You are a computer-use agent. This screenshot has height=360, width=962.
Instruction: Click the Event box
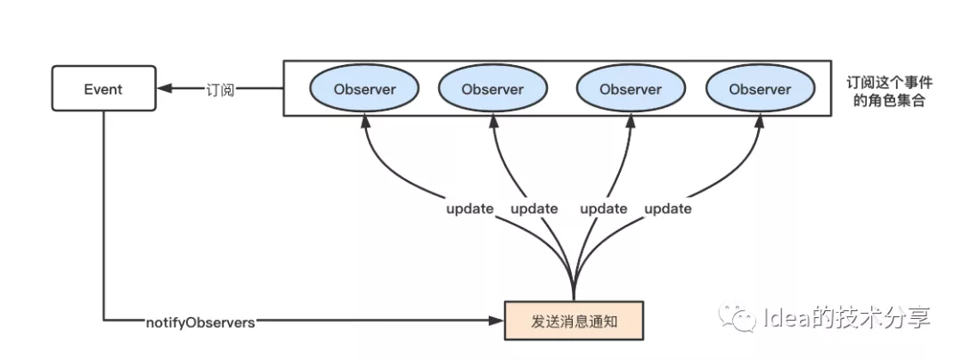tap(102, 89)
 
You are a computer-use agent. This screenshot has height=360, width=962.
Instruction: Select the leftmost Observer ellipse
tap(364, 89)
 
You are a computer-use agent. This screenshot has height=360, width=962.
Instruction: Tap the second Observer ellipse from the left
tap(493, 89)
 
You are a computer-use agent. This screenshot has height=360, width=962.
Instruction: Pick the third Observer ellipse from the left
tap(631, 89)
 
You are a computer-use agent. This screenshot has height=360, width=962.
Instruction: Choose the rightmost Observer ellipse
tap(760, 89)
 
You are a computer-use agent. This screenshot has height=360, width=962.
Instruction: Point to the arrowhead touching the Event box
tap(162, 89)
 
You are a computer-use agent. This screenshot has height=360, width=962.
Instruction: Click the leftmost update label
tap(470, 209)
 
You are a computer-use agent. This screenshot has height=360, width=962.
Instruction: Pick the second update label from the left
tap(534, 209)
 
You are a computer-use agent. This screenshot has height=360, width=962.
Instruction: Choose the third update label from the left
tap(604, 209)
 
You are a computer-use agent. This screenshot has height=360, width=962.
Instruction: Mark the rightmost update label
tap(667, 209)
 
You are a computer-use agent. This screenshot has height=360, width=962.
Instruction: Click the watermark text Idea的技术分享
tap(846, 317)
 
